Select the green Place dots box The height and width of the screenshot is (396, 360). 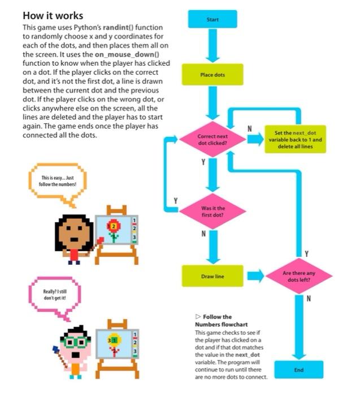(x=212, y=75)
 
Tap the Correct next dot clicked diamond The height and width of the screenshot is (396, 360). (x=212, y=140)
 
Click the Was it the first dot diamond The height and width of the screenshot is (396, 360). (x=212, y=212)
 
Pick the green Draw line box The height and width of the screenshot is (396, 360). (x=212, y=276)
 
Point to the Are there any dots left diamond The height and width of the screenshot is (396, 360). (x=298, y=276)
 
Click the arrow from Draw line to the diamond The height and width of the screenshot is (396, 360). (x=254, y=276)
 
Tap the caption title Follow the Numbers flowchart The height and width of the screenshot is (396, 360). (x=215, y=321)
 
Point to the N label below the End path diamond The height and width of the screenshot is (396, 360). (x=309, y=300)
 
